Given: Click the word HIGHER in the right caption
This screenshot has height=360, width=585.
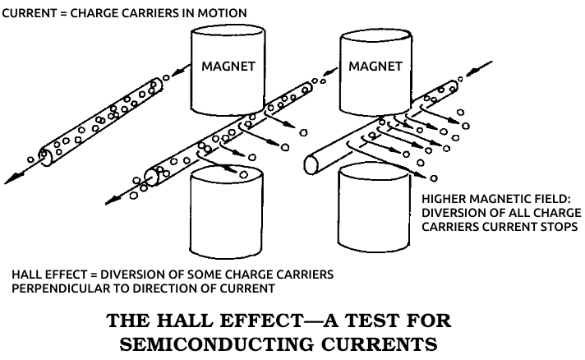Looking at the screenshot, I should (x=443, y=199).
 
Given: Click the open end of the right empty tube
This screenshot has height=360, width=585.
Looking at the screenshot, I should (x=311, y=164).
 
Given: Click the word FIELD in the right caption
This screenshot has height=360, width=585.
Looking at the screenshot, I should (x=554, y=199).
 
